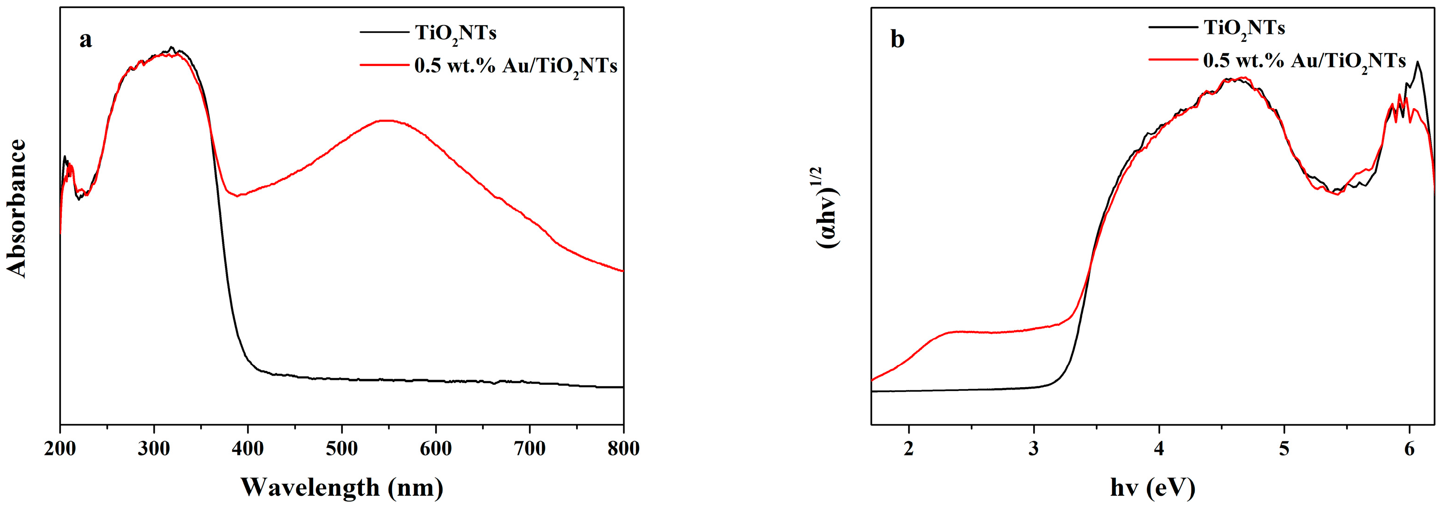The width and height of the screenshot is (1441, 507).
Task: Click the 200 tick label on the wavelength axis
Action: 60,449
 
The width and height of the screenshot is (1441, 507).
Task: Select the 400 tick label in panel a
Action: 248,449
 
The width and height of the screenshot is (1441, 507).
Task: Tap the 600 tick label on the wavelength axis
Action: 436,449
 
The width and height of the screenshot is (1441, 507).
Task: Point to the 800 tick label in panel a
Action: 623,449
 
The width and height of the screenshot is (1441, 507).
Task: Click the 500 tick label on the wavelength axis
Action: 342,449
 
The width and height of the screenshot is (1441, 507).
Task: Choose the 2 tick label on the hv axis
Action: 909,449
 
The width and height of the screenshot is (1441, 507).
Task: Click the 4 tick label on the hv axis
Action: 1159,449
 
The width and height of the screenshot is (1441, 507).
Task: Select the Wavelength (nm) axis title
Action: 342,487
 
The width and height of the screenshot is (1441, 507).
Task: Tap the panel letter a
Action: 85,39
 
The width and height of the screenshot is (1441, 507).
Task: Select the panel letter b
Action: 897,39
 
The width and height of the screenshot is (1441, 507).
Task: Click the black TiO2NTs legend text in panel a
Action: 455,33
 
